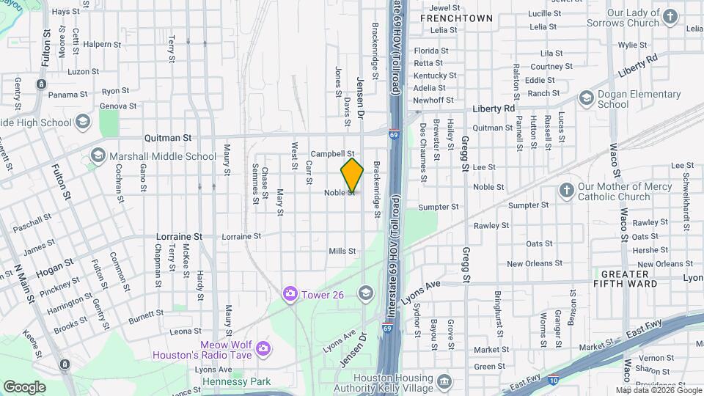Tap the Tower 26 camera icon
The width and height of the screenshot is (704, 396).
(x=291, y=293)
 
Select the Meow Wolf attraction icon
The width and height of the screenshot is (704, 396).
(x=262, y=345)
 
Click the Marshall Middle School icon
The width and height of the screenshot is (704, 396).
(x=98, y=155)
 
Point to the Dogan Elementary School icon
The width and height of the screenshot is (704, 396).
(x=586, y=98)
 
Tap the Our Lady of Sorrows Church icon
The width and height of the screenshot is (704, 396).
(x=670, y=16)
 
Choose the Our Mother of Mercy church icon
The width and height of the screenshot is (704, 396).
(x=566, y=191)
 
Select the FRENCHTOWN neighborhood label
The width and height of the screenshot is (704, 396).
(x=456, y=17)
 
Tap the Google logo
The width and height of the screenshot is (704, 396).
(x=25, y=386)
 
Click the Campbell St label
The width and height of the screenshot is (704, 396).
(x=333, y=154)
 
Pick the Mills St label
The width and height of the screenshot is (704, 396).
(x=342, y=251)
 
